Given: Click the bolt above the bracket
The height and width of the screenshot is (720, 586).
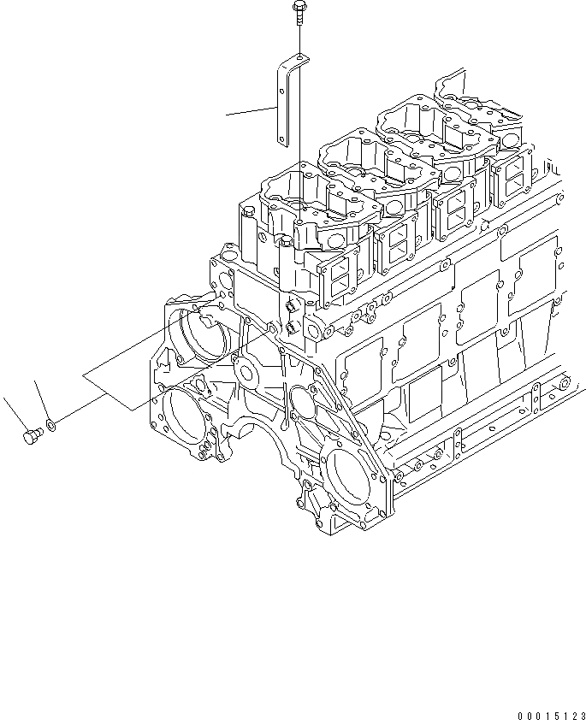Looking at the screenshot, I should coord(297,11).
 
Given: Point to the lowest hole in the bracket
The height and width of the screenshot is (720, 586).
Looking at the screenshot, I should coord(282,133).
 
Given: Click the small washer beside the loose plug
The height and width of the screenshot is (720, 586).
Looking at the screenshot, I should coord(53,423).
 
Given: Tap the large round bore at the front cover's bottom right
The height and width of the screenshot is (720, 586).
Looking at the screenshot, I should coord(346,471).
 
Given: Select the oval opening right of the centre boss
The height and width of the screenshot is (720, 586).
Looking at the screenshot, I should coord(299,401).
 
